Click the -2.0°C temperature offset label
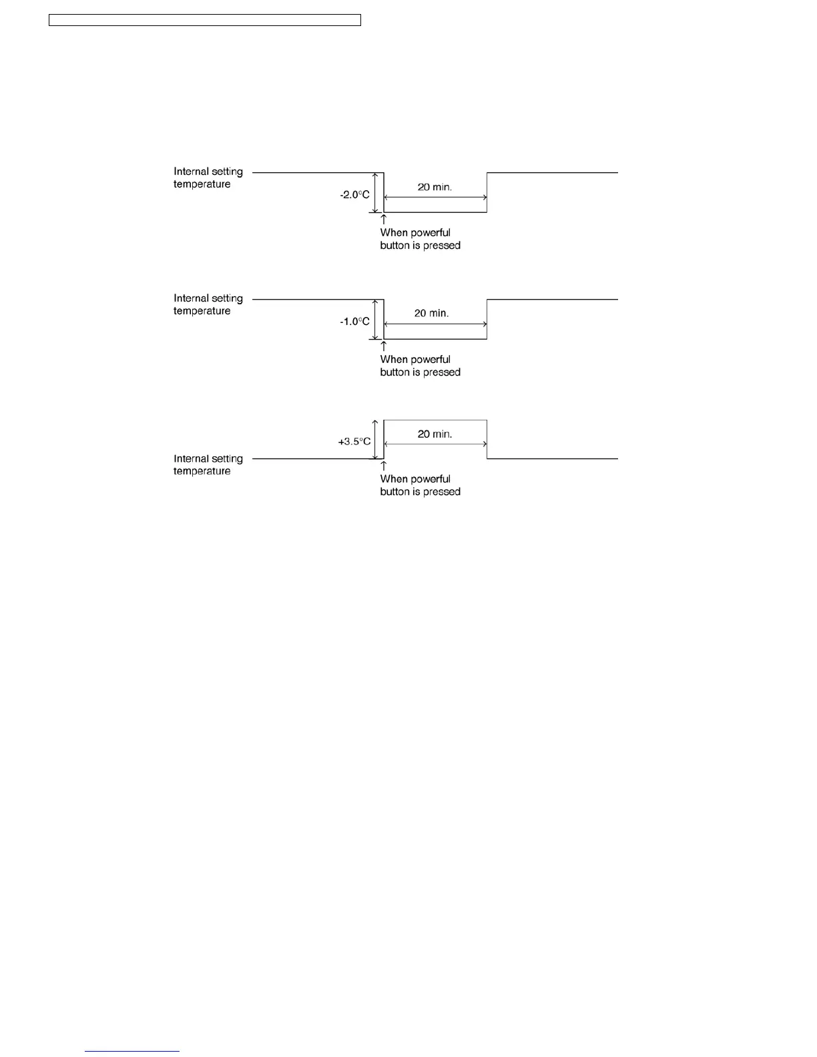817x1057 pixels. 354,195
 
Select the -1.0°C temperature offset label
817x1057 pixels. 354,322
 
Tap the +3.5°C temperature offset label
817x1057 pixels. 354,442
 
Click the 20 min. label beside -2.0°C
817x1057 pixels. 435,187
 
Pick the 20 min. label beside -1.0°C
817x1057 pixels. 431,313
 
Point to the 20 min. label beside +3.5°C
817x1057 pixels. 435,434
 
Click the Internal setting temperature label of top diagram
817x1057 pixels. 208,178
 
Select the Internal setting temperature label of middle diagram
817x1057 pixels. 208,305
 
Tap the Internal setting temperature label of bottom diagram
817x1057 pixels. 208,465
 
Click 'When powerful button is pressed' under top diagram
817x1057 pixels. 420,239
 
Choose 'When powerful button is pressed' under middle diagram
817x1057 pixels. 420,366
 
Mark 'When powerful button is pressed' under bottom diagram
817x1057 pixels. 420,485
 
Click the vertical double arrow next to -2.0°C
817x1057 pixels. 376,193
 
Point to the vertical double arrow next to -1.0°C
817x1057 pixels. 376,320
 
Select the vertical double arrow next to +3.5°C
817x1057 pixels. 376,440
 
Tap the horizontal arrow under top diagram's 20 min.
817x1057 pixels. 435,198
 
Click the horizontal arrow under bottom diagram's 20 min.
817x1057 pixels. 435,444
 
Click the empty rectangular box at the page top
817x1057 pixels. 205,20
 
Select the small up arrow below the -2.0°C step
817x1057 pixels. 384,220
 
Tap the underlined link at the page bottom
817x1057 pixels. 132,1051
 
